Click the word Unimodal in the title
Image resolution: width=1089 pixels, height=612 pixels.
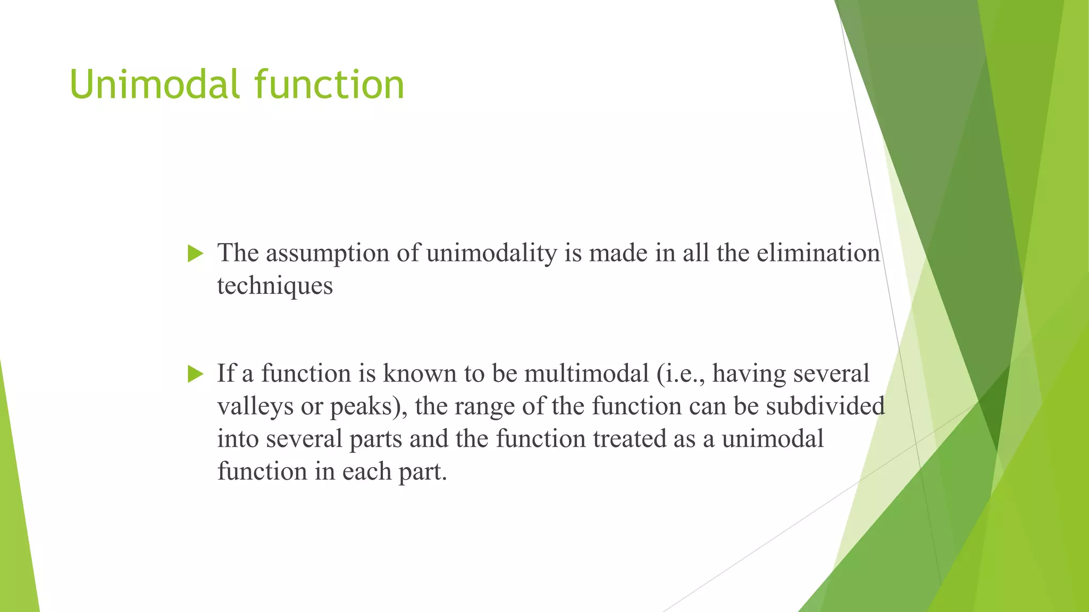(154, 85)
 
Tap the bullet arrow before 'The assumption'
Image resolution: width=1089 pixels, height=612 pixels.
(196, 254)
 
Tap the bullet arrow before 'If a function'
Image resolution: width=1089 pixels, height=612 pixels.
(196, 375)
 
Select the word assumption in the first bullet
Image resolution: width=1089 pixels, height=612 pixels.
(328, 253)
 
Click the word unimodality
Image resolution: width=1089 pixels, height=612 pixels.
(491, 253)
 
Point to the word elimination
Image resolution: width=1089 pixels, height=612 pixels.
(818, 253)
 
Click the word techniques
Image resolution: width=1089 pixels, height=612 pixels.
(275, 286)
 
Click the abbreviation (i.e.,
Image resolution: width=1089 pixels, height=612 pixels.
(681, 373)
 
